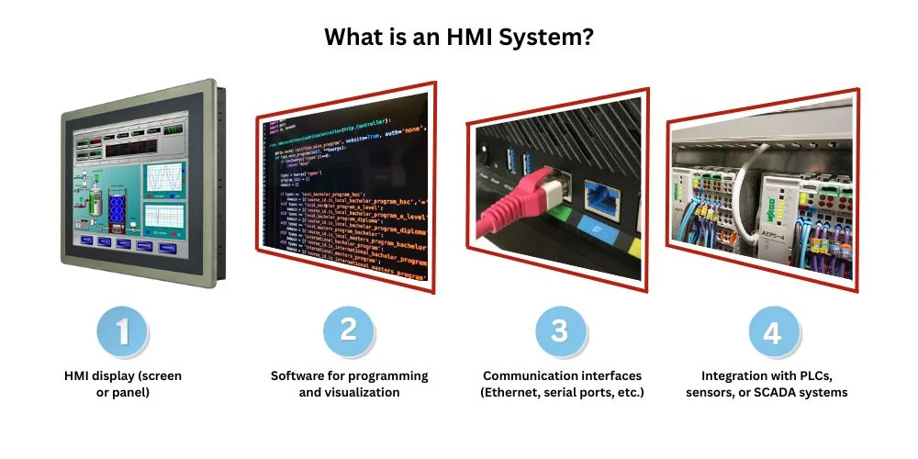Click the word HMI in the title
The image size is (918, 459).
click(447, 38)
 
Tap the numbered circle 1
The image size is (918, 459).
click(120, 332)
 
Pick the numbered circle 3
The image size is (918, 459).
click(559, 330)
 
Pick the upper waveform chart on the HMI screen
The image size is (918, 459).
click(163, 177)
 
